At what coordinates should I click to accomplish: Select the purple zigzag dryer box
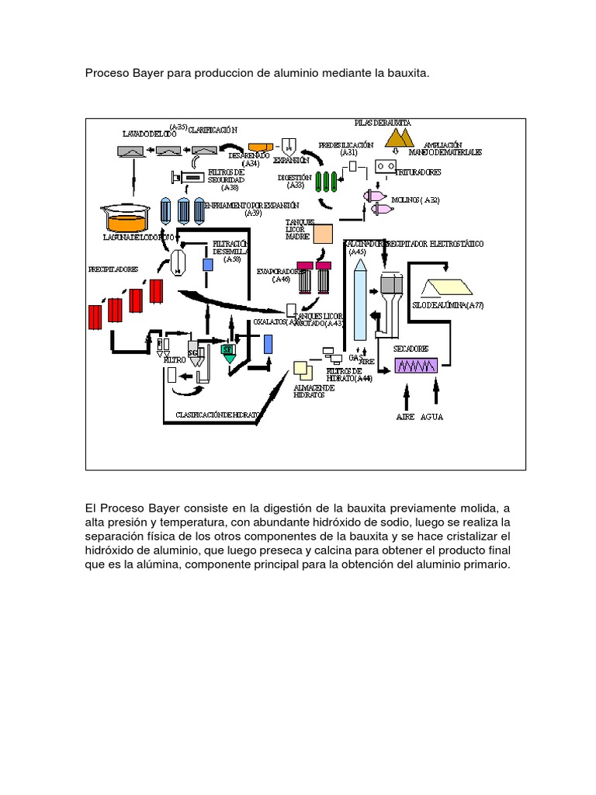click(x=417, y=365)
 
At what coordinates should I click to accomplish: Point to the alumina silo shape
click(x=442, y=289)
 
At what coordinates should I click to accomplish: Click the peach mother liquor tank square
click(x=323, y=234)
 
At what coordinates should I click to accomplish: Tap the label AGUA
click(x=432, y=417)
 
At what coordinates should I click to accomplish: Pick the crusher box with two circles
click(x=386, y=166)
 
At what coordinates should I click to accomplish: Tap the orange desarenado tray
click(x=258, y=147)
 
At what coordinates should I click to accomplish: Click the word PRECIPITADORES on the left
click(x=113, y=269)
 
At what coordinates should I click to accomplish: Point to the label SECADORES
click(x=411, y=349)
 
